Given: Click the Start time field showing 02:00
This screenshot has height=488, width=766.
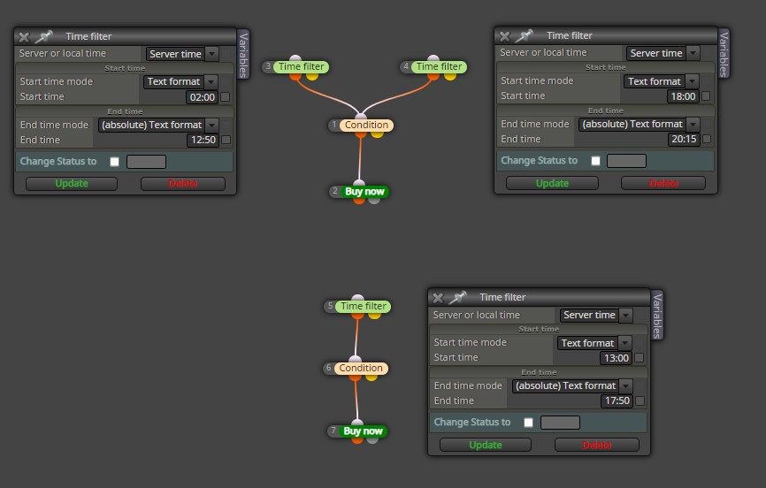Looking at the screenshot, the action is pos(203,97).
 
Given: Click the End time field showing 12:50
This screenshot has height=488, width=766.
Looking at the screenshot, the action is pos(203,141).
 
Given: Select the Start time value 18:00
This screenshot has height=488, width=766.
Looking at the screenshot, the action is pos(683,96).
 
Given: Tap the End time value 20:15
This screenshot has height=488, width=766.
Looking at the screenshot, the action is pos(684,139).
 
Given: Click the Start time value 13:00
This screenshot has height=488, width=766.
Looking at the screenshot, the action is pos(616,358).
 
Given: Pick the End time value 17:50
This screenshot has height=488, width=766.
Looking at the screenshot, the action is pos(617,401).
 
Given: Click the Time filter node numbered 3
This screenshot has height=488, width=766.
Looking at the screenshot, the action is pos(301,66).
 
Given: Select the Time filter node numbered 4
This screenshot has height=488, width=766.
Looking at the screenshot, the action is pos(439,66).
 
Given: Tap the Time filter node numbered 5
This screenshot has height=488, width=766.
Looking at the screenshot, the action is pos(363,306).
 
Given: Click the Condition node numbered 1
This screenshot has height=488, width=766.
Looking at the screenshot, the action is pos(366,125).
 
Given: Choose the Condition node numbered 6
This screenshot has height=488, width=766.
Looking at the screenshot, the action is pos(361,369).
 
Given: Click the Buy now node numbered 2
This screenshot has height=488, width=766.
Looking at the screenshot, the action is pos(364,192).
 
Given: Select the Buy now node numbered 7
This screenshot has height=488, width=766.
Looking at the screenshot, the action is pos(363,431).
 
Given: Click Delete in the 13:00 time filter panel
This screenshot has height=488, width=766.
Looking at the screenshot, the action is pos(596,445).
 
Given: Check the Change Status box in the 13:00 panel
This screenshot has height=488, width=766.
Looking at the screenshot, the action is pos(528,423).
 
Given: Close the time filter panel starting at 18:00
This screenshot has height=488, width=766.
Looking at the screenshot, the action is pos(505,36).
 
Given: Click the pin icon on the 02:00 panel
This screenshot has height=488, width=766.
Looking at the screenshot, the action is pos(43,36).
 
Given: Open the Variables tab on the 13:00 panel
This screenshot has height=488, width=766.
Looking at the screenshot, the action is pos(657,316).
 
